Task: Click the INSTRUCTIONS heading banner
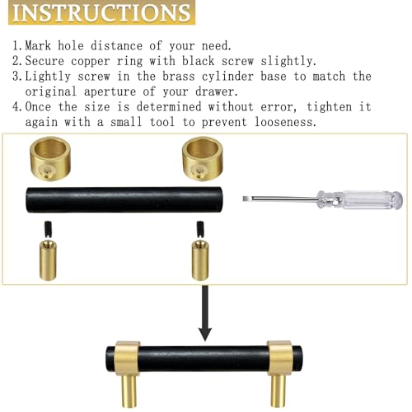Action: [101, 12]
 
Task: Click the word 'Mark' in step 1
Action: [38, 45]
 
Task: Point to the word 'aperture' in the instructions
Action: [110, 91]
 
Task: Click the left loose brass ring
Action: [50, 159]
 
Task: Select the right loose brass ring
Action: [203, 159]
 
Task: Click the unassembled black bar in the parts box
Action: [124, 199]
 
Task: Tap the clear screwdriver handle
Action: [360, 199]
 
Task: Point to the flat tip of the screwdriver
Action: [244, 199]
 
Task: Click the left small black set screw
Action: [49, 228]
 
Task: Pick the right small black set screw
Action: [200, 229]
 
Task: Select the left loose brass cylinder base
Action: [48, 260]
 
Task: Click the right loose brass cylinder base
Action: [200, 260]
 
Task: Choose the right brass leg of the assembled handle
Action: [279, 391]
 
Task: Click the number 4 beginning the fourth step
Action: [16, 106]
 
